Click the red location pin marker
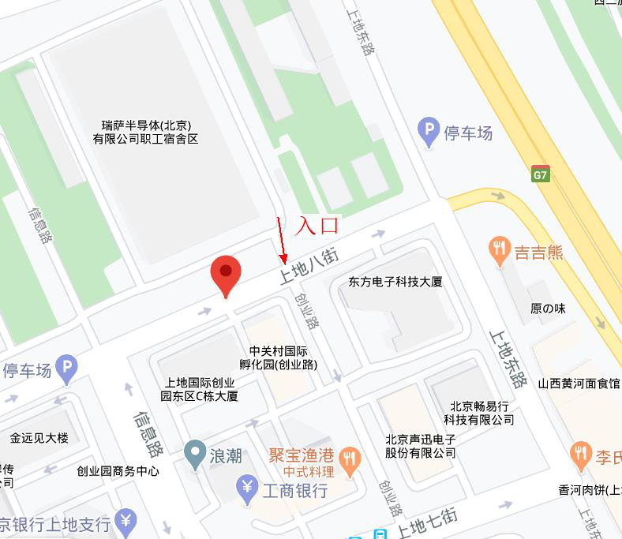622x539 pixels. point(226,275)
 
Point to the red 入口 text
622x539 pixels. point(317,225)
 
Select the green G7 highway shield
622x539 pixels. point(540,175)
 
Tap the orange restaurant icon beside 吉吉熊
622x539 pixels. point(498,251)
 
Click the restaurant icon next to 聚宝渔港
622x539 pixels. point(350,456)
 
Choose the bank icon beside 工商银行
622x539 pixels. point(248,490)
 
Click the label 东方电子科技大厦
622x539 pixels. point(395,282)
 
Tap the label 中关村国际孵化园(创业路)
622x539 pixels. point(279,357)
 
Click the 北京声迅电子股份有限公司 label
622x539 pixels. point(421,446)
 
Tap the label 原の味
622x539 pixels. point(548,309)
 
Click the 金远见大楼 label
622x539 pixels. point(39,438)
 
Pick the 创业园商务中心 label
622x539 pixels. point(118,471)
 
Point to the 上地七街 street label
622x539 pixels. point(427,522)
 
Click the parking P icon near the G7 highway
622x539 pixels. point(429,132)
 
